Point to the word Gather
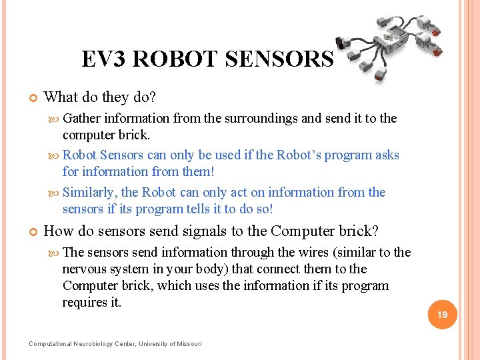pos(82,119)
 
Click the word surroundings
pos(261,119)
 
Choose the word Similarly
pos(90,193)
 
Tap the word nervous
pos(84,269)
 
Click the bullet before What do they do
pos(32,98)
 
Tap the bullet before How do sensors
pos(32,232)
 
